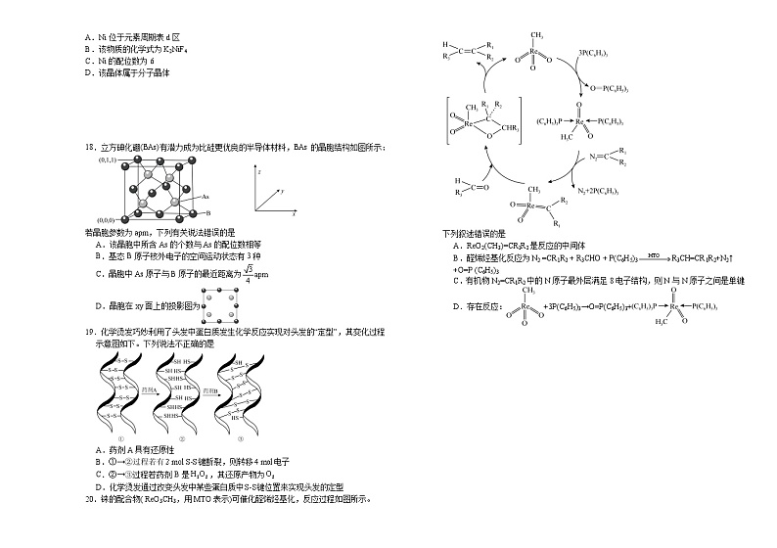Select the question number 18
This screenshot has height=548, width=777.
(91, 148)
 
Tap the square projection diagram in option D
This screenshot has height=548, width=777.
(220, 306)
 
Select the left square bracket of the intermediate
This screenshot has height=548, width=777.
(447, 122)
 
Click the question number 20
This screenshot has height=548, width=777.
(91, 498)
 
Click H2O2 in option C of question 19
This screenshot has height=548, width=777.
(196, 474)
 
